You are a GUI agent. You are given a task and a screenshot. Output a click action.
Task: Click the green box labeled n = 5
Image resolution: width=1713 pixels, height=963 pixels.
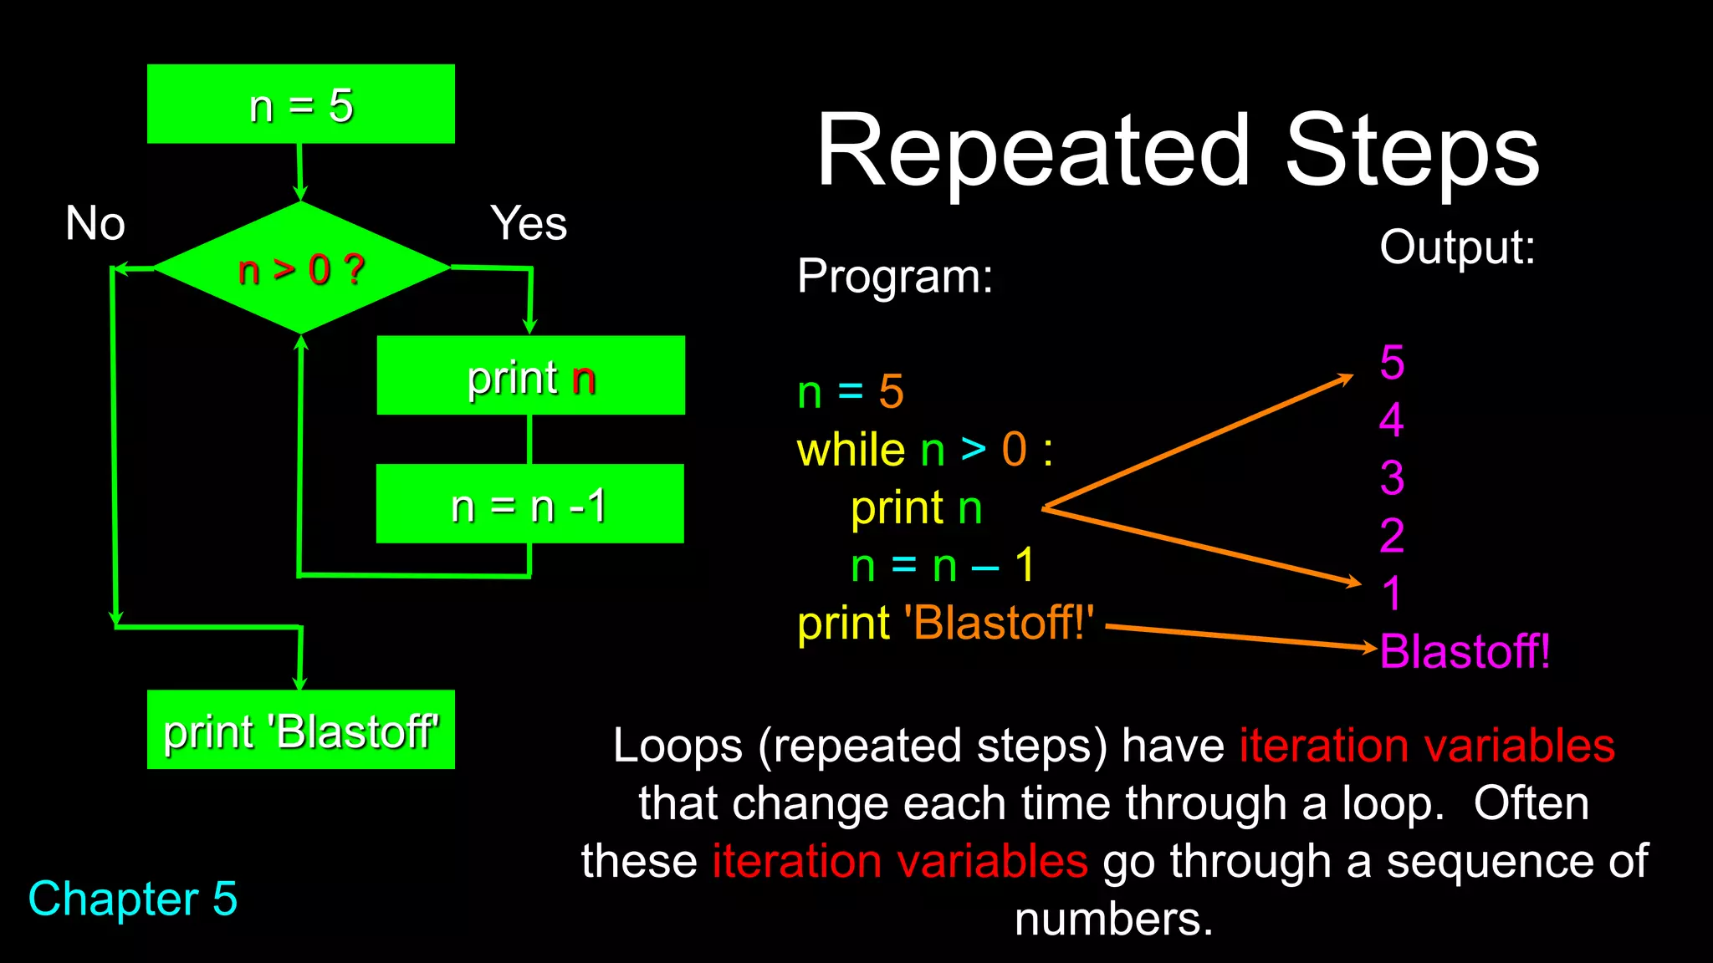[301, 104]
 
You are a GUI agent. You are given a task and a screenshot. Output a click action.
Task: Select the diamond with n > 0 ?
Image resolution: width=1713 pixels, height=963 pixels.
[301, 269]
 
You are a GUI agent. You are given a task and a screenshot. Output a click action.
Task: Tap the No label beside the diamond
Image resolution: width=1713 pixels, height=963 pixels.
[95, 224]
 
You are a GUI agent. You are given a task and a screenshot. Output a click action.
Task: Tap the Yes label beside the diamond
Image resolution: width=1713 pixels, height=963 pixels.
[529, 224]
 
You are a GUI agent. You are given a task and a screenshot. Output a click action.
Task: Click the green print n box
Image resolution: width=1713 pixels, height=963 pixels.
[530, 376]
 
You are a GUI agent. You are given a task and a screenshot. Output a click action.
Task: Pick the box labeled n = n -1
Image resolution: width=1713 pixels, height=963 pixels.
[529, 504]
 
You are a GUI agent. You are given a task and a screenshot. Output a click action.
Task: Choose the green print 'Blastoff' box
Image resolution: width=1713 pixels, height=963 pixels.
[301, 730]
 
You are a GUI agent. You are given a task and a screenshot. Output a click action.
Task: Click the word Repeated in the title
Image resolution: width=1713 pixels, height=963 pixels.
[1034, 152]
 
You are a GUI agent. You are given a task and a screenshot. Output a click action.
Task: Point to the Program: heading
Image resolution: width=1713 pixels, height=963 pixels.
[895, 276]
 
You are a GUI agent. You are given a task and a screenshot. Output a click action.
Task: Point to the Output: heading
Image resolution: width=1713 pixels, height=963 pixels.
[1457, 247]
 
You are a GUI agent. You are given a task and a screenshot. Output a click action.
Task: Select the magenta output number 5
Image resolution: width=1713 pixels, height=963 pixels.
[1392, 363]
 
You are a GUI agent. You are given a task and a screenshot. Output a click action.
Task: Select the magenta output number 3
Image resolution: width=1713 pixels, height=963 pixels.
[1392, 478]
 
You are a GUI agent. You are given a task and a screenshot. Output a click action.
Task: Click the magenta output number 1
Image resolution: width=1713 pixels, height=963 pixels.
[1392, 594]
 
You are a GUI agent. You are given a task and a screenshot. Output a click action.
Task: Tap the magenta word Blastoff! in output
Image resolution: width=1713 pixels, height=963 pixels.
[1465, 651]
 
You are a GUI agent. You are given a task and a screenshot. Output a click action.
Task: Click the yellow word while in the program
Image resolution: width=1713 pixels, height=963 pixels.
[851, 451]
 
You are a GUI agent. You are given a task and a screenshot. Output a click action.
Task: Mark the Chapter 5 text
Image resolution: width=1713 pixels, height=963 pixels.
[133, 899]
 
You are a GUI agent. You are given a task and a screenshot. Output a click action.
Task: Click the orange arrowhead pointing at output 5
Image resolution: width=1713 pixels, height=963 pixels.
[1347, 378]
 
